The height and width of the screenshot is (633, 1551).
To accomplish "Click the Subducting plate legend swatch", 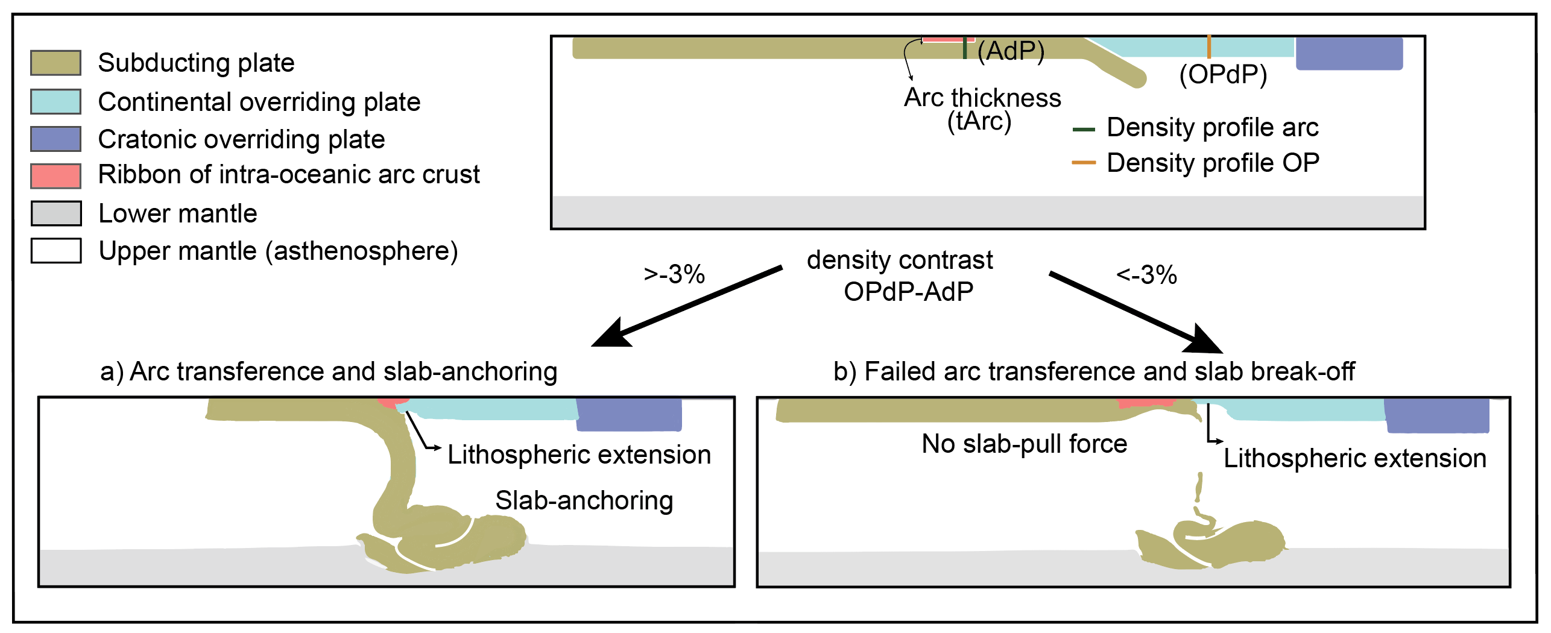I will pos(55,63).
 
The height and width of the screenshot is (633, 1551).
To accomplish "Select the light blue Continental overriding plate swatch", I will pos(55,101).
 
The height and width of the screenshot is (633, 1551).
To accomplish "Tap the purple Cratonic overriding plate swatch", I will pos(55,139).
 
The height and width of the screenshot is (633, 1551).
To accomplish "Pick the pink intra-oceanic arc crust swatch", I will pos(55,175).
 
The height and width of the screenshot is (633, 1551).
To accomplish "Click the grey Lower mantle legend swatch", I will pos(55,213).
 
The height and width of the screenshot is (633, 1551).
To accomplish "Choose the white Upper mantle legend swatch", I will pos(55,251).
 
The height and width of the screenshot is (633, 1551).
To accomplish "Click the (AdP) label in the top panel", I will pos(1011,51).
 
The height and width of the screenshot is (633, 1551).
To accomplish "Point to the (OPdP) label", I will pos(1223,75).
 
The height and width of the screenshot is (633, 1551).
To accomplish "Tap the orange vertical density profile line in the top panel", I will pos(1209,47).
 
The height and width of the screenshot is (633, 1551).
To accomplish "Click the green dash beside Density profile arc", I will pos(1084,129).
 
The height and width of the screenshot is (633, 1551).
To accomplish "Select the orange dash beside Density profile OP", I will pos(1084,163).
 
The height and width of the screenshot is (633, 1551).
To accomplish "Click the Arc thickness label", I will pos(982,98).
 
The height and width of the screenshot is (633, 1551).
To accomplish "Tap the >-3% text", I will pos(674,275).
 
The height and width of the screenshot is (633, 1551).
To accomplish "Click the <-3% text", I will pos(1146,276).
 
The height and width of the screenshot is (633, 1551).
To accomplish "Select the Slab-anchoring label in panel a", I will pos(584,501).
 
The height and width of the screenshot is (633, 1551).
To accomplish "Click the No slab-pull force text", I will pos(1024,444).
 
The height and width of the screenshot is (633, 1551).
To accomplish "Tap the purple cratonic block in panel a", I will pos(629,414).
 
